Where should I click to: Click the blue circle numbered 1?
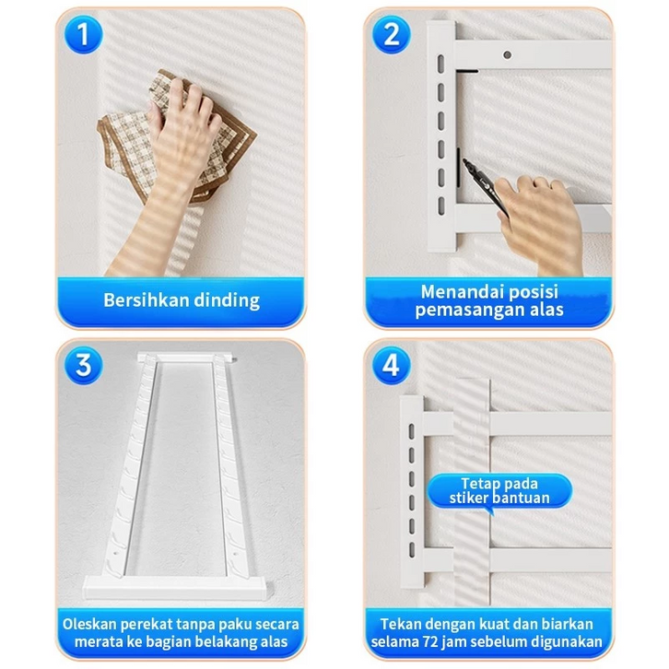[x=83, y=35]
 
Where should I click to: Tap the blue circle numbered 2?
[x=392, y=35]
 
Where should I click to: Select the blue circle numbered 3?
[x=83, y=366]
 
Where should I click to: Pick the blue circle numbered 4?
[x=392, y=366]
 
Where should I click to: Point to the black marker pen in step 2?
[x=485, y=185]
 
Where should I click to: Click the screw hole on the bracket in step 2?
[x=508, y=55]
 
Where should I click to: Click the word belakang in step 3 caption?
[x=241, y=641]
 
